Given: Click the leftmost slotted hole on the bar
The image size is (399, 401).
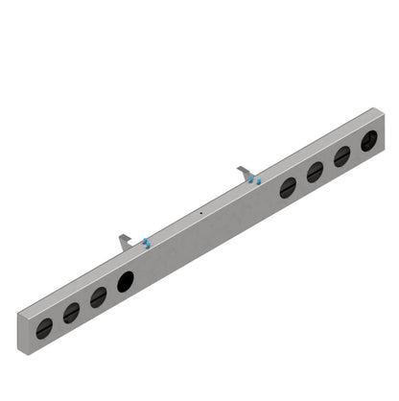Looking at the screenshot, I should click(x=44, y=327).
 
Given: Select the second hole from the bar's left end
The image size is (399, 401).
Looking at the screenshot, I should click(x=71, y=312).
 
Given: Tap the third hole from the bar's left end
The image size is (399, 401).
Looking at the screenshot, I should click(x=98, y=296).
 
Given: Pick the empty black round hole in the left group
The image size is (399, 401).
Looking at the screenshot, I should click(x=126, y=281).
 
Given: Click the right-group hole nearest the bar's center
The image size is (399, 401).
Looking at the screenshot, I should click(x=288, y=187).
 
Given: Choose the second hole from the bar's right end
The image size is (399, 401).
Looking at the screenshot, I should click(x=342, y=156).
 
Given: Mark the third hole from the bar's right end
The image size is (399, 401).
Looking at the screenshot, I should click(x=315, y=172).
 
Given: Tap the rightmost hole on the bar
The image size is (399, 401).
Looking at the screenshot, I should click(x=369, y=141).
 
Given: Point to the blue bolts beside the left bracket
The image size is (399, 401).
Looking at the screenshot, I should click(x=145, y=242).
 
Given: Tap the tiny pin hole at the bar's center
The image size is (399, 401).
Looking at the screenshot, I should click(x=199, y=213).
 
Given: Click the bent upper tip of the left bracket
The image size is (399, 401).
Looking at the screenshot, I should click(x=121, y=236).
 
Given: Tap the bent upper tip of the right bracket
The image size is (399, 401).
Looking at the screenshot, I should click(x=241, y=168).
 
